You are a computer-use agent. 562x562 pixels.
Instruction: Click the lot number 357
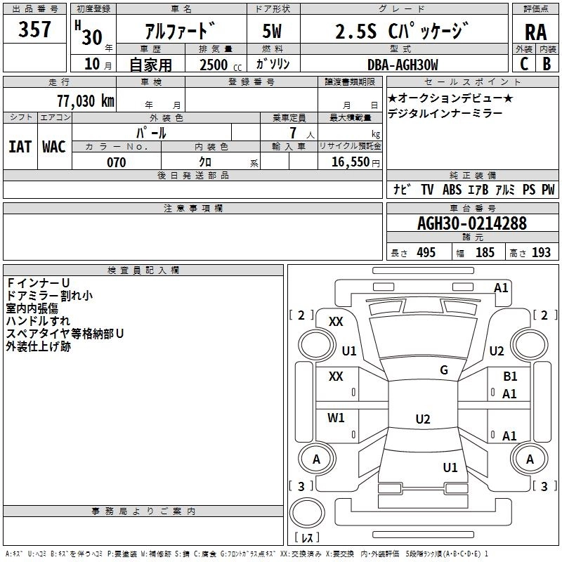point(34,30)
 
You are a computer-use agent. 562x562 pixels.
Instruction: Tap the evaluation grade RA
point(535,32)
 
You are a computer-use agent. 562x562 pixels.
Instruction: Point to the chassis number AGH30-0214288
point(471,223)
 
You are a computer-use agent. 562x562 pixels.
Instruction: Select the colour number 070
point(116,162)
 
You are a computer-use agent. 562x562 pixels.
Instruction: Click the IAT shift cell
point(20,146)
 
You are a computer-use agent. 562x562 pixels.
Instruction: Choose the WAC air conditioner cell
point(53,146)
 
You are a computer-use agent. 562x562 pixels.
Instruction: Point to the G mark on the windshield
point(443,370)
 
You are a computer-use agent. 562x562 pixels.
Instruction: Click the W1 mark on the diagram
point(336,418)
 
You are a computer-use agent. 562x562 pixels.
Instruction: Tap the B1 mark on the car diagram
point(510,377)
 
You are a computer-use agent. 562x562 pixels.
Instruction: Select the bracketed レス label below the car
point(306,538)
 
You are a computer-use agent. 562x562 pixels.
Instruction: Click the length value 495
point(425,253)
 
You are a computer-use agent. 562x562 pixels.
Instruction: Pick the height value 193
point(542,253)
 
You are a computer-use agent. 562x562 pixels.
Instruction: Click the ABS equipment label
point(453,189)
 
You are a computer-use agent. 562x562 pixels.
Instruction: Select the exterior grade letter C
point(524,64)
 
